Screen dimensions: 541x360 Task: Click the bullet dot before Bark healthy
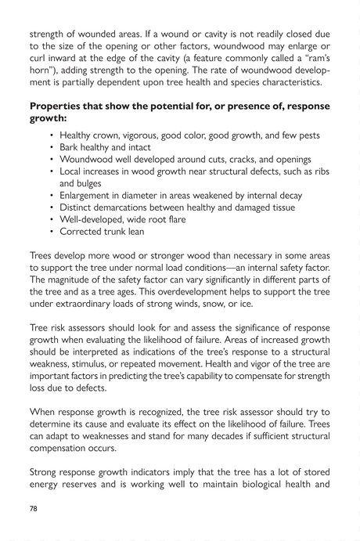tap(52, 147)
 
